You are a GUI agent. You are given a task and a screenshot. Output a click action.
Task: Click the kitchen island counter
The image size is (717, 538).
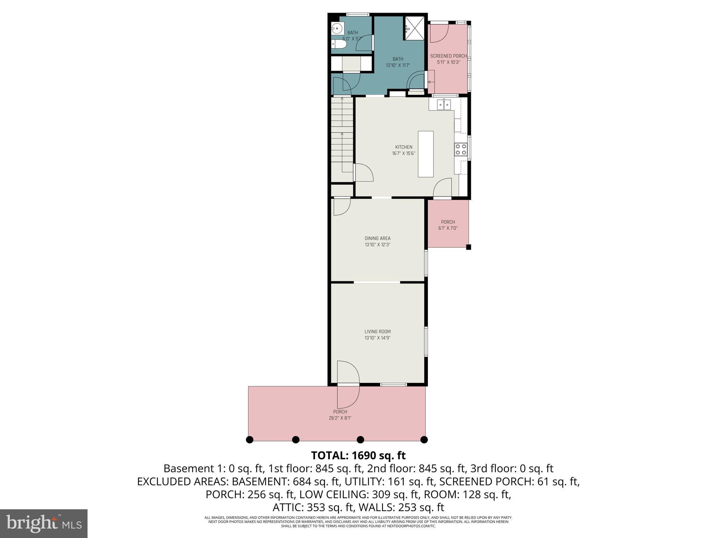click(x=426, y=154)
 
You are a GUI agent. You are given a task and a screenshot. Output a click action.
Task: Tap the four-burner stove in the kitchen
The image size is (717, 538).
click(x=461, y=150)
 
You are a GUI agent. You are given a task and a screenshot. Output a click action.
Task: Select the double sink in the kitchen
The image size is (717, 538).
click(x=444, y=104)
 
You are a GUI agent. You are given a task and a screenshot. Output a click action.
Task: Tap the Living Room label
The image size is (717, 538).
click(x=377, y=331)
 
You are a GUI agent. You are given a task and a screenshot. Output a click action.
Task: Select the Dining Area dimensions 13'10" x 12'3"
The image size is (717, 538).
click(x=377, y=245)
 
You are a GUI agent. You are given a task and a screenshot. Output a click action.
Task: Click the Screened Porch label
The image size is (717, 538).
click(x=448, y=56)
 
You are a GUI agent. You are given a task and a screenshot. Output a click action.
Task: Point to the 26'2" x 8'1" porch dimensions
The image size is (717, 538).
click(x=340, y=418)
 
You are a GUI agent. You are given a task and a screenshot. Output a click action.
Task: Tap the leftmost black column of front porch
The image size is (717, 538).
click(x=250, y=440)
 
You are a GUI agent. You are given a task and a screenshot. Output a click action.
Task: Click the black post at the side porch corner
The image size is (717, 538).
click(x=468, y=247)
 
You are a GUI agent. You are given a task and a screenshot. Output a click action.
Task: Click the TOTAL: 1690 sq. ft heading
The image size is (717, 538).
click(x=358, y=455)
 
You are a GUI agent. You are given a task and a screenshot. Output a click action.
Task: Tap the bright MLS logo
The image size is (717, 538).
click(x=44, y=523)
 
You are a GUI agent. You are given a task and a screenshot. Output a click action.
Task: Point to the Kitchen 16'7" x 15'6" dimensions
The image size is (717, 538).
click(x=404, y=153)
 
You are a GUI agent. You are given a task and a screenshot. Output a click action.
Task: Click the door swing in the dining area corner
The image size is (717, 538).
click(x=341, y=207)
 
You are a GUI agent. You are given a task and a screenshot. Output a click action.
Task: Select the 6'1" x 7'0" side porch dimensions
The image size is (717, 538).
click(x=448, y=228)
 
